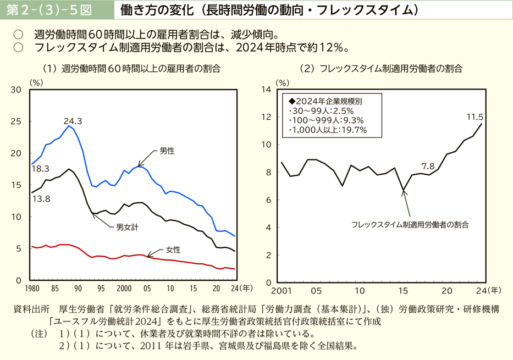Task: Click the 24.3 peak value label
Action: coord(73,121)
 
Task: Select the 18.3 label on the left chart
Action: coord(41,169)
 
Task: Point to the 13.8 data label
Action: coord(41,199)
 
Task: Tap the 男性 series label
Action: coord(167,150)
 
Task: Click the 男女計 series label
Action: coord(127,226)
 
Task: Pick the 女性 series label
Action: coord(173,250)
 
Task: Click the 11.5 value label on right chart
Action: coord(475,117)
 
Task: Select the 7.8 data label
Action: coord(428,166)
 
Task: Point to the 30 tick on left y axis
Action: coord(16,90)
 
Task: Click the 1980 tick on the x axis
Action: coord(32,288)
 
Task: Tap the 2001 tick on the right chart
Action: coord(281,290)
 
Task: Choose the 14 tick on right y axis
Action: coord(266,89)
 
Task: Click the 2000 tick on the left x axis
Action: coord(124,288)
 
